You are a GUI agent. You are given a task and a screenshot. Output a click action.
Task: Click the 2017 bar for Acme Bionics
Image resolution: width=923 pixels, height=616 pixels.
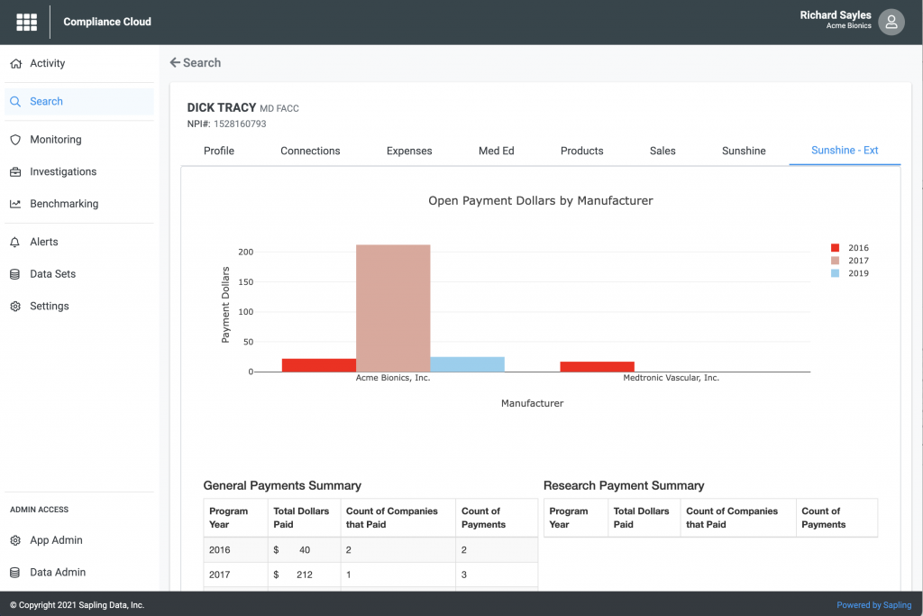click(393, 308)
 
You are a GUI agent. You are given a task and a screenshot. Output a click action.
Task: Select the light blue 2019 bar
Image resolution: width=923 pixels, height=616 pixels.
click(467, 364)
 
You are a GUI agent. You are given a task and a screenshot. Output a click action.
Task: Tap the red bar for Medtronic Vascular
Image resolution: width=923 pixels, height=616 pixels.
click(597, 367)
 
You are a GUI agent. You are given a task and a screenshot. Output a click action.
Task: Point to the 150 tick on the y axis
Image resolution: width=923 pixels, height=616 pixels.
click(244, 282)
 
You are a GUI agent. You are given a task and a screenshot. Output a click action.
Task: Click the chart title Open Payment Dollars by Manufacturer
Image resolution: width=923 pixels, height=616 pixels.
click(540, 201)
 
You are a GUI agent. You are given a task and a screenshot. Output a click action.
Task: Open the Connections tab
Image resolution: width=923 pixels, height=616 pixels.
click(310, 151)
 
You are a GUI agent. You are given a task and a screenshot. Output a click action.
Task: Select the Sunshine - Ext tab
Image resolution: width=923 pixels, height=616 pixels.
click(845, 151)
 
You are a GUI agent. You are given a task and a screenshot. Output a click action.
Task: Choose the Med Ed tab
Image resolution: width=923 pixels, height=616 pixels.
click(496, 151)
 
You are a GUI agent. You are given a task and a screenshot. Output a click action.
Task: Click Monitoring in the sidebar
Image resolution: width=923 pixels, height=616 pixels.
click(55, 140)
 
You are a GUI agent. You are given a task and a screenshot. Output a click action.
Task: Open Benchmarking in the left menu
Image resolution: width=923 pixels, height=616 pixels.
click(64, 204)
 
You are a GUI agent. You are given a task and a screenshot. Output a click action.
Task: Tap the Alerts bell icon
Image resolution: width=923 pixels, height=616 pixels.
click(14, 242)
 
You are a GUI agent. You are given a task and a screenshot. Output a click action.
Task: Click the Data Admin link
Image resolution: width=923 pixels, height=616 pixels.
click(58, 572)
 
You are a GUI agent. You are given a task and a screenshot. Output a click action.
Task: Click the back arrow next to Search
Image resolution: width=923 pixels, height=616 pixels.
click(175, 63)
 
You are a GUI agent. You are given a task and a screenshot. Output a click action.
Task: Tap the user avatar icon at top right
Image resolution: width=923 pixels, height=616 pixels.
click(891, 23)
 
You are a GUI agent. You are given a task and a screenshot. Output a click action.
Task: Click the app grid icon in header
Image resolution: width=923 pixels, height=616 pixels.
click(27, 22)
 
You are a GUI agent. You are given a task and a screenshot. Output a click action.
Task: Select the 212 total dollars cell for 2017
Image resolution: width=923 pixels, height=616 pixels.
click(304, 574)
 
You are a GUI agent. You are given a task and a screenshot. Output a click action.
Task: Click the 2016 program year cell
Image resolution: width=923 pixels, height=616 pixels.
click(220, 549)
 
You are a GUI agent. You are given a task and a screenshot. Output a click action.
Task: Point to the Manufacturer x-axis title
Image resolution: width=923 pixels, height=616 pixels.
click(532, 403)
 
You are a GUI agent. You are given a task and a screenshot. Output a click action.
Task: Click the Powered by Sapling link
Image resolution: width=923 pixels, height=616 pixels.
click(873, 605)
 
